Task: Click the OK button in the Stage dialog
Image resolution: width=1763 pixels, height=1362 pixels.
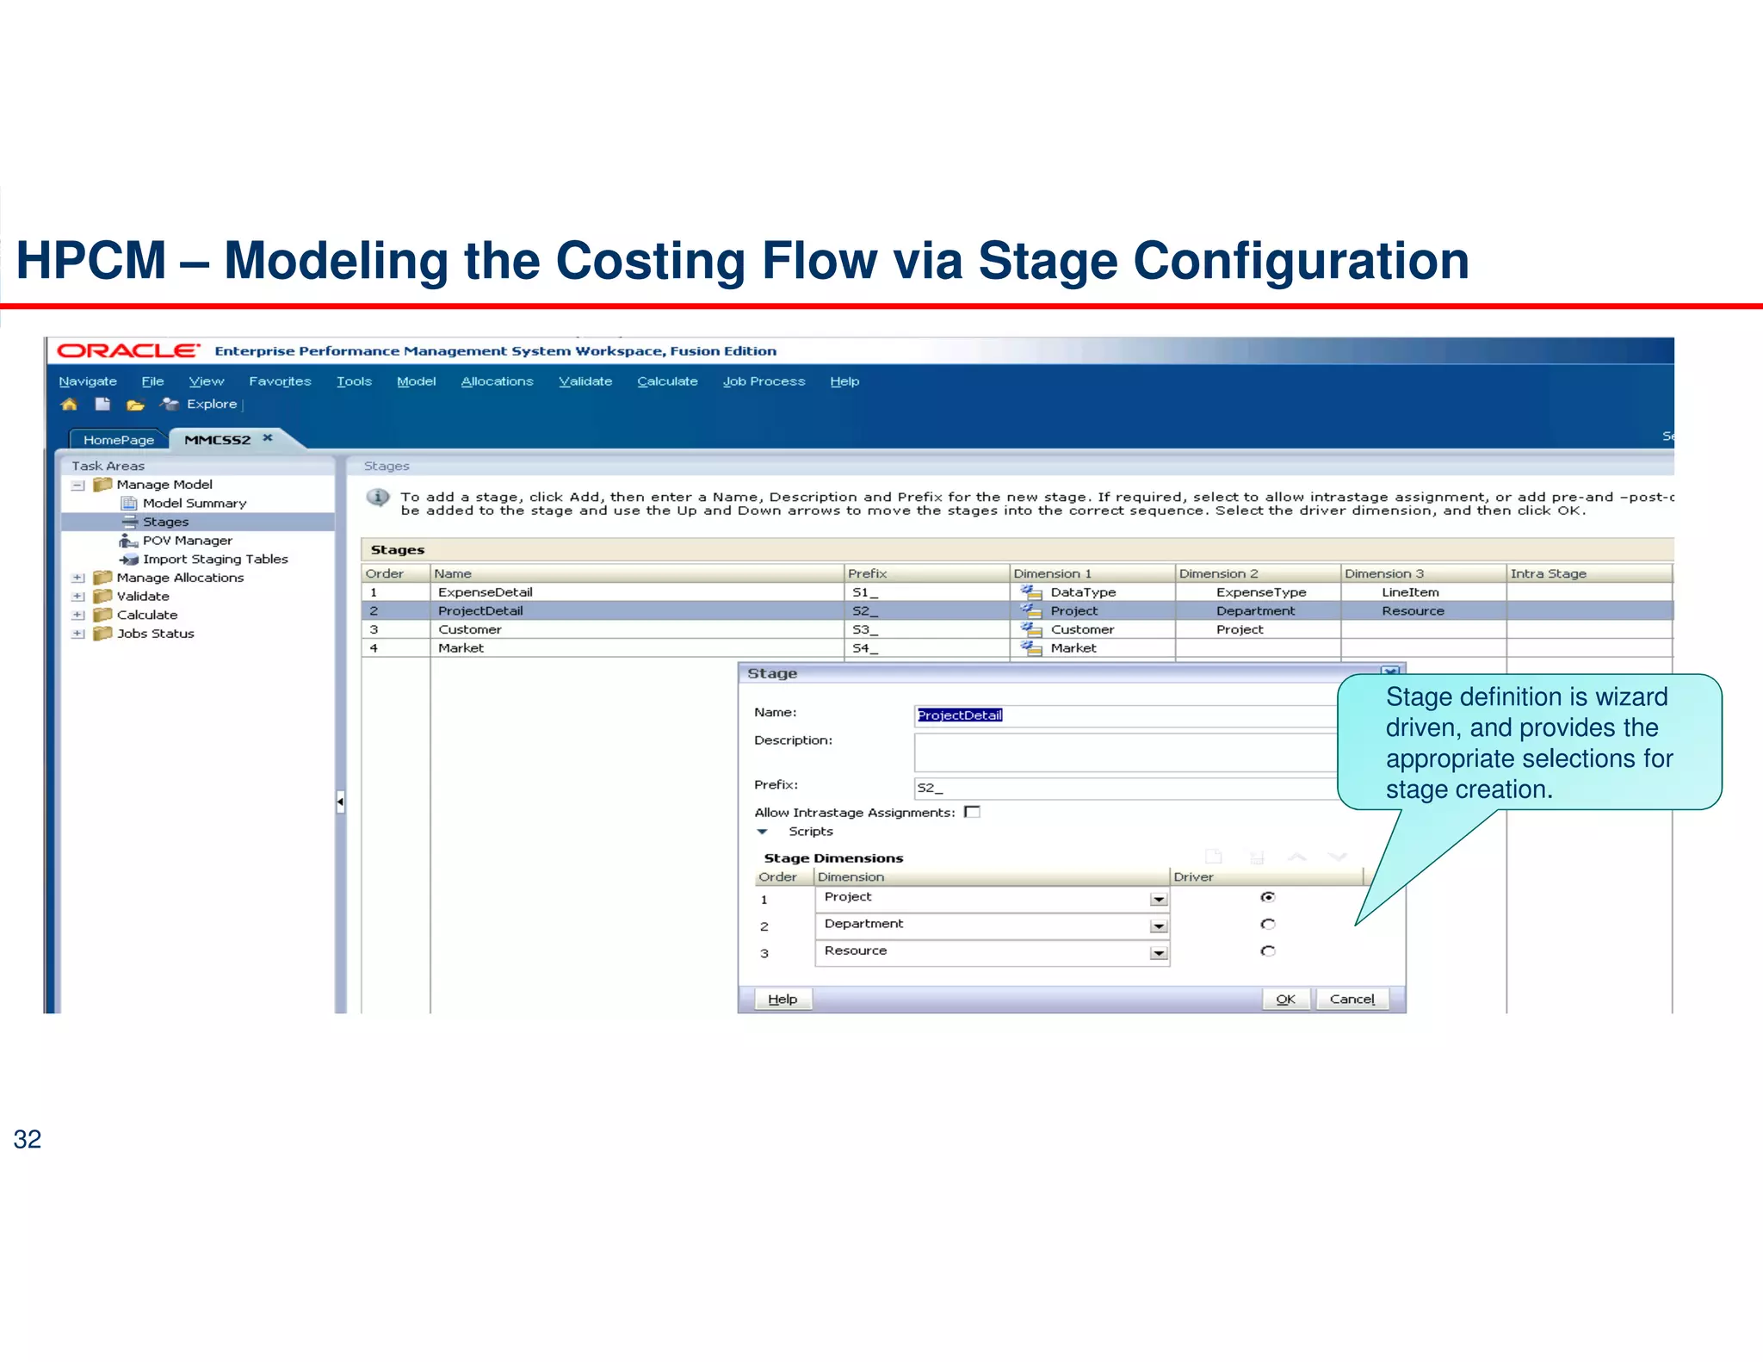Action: tap(1285, 999)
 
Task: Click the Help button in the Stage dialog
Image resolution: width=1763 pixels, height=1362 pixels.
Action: tap(783, 999)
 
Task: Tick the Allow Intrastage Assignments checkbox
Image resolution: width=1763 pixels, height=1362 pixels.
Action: tap(973, 812)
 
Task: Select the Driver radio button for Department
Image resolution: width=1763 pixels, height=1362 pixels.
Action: tap(1267, 924)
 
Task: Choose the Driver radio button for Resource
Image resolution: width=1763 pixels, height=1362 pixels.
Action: tap(1267, 951)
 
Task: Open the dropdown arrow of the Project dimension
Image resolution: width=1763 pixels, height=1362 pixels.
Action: tap(1159, 900)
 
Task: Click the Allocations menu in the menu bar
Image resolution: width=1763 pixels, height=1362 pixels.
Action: tap(497, 381)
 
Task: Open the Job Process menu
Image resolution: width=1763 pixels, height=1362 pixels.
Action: tap(764, 381)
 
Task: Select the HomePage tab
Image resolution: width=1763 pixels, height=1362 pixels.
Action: tap(119, 440)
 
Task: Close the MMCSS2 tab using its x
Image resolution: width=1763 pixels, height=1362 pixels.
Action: tap(268, 438)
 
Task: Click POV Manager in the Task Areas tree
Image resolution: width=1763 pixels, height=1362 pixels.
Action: tap(187, 541)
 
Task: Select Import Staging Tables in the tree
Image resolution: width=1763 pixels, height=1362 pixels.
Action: tap(215, 559)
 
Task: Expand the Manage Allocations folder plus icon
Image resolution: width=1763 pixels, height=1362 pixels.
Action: tap(78, 578)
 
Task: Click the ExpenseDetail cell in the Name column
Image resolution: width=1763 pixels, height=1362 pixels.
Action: tap(485, 592)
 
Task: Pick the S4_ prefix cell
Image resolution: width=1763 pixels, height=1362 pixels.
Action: tap(864, 648)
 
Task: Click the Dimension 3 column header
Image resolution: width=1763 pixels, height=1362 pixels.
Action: tap(1384, 573)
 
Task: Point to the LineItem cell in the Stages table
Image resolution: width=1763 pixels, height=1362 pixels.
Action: tap(1410, 592)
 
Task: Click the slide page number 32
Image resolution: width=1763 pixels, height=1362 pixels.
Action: tap(28, 1139)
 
